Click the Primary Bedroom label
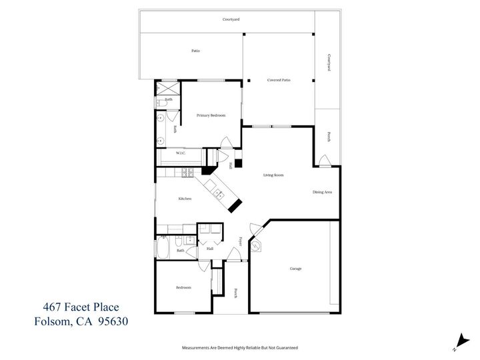coord(211,115)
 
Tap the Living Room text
coord(273,175)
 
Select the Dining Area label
coord(322,193)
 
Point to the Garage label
coord(295,269)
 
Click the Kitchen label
coord(185,199)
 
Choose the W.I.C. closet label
coord(180,153)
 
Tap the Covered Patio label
coord(279,80)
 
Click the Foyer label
coord(240,241)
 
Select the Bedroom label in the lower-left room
coord(183,287)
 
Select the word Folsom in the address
coord(55,321)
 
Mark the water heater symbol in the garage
coord(256,246)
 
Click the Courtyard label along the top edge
coord(231,19)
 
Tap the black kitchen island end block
coord(235,204)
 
